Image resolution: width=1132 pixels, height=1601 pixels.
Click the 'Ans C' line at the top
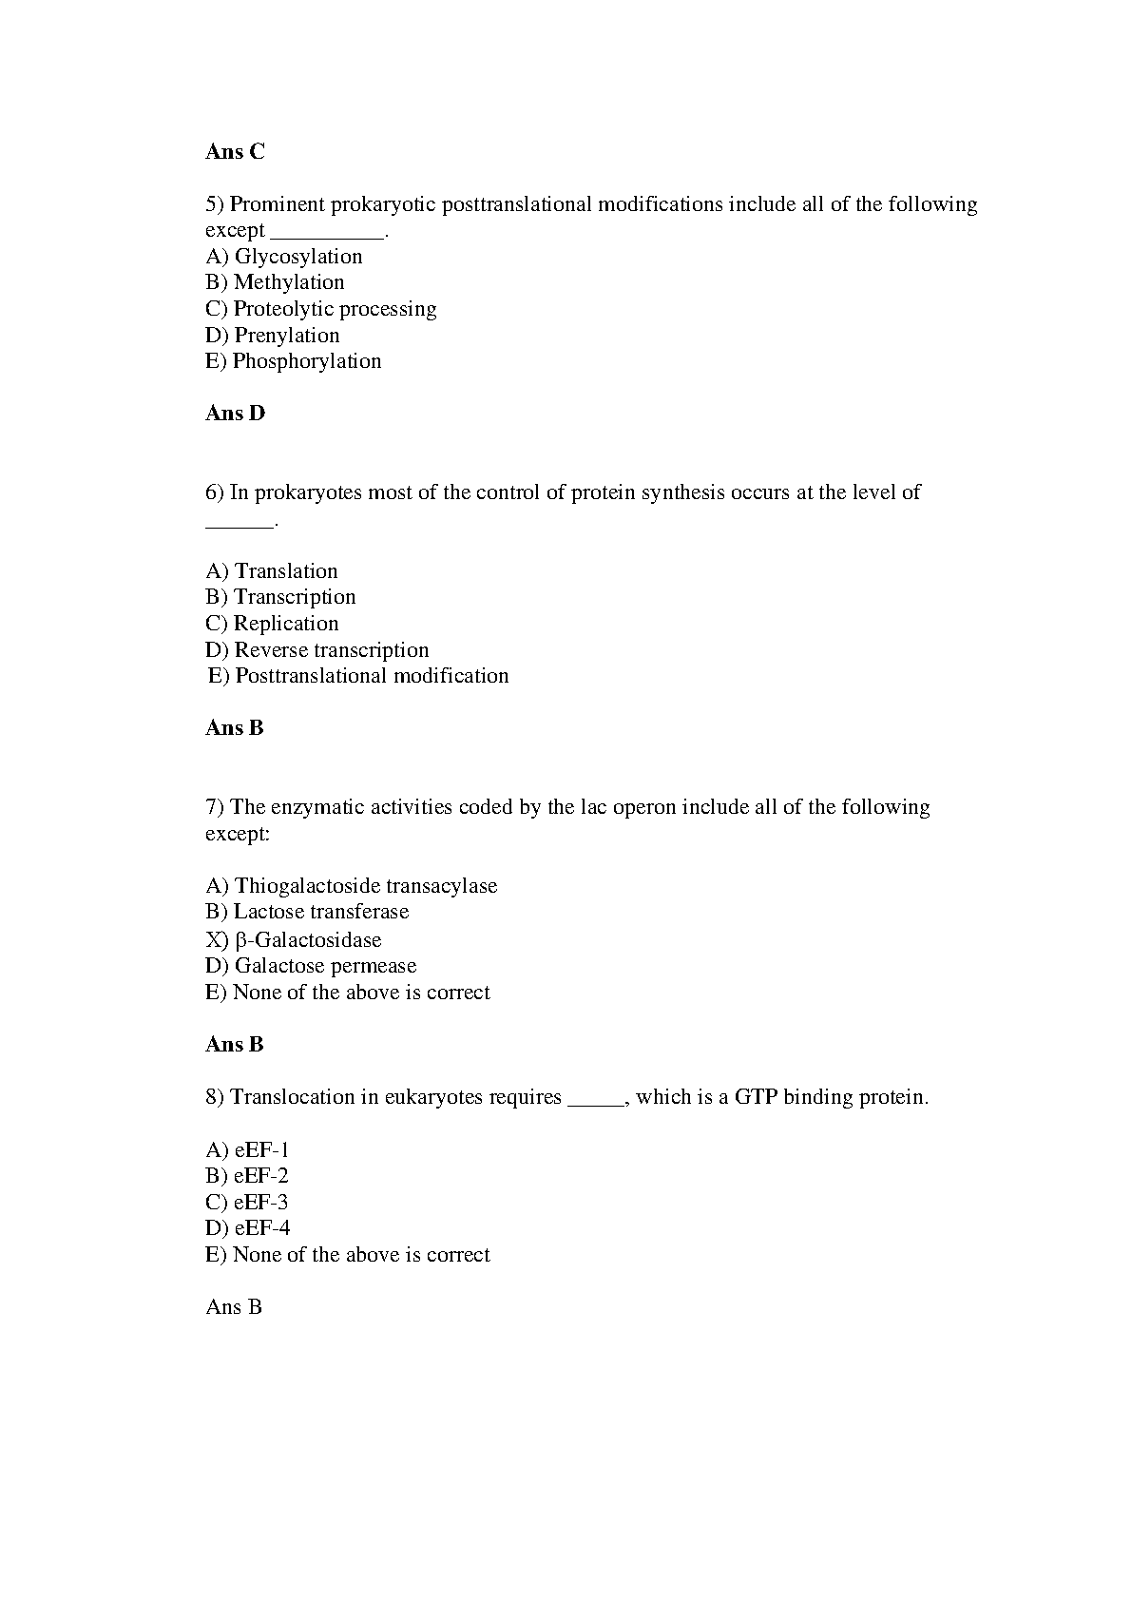[235, 151]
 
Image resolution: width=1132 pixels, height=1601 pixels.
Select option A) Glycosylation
[283, 257]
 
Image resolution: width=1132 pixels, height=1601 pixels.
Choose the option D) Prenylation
[272, 336]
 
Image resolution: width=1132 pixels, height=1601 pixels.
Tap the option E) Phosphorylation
[293, 361]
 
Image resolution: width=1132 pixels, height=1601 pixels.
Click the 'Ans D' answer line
[235, 413]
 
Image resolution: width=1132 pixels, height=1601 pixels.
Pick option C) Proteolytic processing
[320, 309]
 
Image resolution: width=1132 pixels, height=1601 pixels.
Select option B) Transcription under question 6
[280, 597]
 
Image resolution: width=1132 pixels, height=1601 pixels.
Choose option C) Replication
[272, 624]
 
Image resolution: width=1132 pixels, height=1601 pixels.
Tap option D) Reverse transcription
[317, 650]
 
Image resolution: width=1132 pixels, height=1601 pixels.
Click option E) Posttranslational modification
[358, 676]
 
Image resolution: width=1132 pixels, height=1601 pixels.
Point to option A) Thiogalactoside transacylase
[351, 886]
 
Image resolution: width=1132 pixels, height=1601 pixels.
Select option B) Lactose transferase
[306, 912]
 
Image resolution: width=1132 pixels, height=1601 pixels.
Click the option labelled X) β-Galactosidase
[293, 940]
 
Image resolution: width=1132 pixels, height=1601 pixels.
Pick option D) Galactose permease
[311, 966]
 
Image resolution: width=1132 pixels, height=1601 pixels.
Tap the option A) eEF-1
[247, 1149]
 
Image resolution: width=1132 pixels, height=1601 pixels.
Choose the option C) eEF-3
[246, 1202]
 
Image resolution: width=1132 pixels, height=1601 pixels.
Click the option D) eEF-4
[247, 1228]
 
